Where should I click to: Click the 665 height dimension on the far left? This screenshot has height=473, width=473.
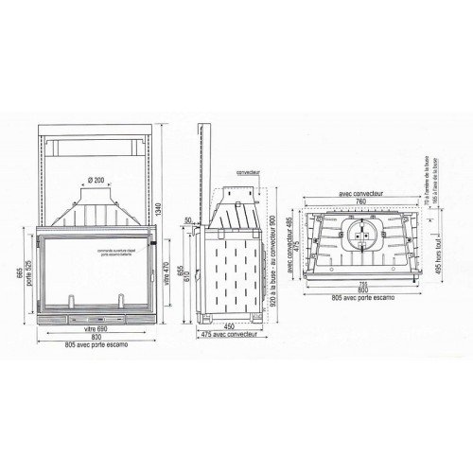(18, 274)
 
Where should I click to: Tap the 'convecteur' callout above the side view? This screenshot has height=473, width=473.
(249, 174)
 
